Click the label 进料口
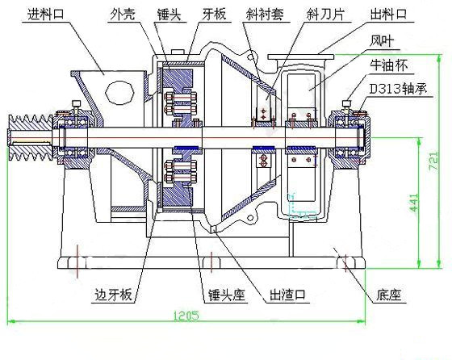45,14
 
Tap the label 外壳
123,14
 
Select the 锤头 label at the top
169,15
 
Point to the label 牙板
214,14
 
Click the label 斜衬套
266,14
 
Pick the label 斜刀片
325,14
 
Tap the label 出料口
388,14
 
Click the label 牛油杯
389,65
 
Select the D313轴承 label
398,89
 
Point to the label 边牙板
113,295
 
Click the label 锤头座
227,295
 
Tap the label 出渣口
287,295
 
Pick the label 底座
388,295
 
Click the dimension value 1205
186,316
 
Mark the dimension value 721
434,161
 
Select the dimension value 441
413,203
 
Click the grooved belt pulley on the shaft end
31,138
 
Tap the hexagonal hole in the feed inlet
119,92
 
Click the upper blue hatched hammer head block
178,81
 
